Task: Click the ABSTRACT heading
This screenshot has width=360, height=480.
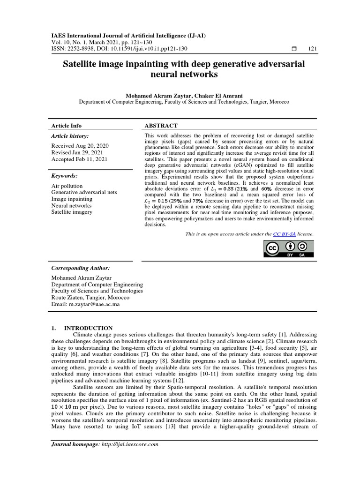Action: click(161, 126)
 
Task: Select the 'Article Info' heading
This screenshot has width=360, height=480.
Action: click(66, 126)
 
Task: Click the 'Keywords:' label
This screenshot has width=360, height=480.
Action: click(65, 176)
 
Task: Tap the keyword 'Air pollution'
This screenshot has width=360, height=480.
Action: click(67, 186)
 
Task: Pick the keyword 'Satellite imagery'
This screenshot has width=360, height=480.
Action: click(72, 212)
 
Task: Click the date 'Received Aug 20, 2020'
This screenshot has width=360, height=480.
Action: click(80, 146)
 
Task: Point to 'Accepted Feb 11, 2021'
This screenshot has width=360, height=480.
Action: click(79, 159)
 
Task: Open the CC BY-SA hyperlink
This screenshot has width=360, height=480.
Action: click(284, 233)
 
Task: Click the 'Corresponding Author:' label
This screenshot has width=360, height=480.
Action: click(81, 268)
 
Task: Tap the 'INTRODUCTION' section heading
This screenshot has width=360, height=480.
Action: click(88, 328)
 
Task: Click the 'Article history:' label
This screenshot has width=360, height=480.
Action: click(70, 136)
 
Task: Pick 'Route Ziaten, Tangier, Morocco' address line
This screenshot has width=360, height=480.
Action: click(90, 298)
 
